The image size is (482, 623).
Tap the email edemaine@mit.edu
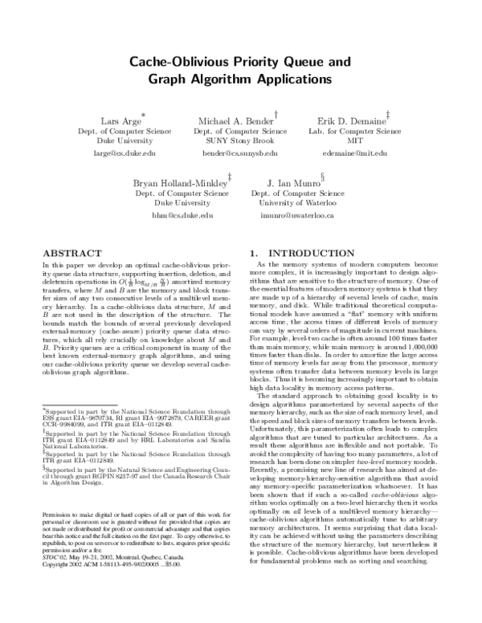point(354,152)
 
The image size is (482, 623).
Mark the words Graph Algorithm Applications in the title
point(239,79)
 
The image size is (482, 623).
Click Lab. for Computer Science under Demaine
point(354,130)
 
